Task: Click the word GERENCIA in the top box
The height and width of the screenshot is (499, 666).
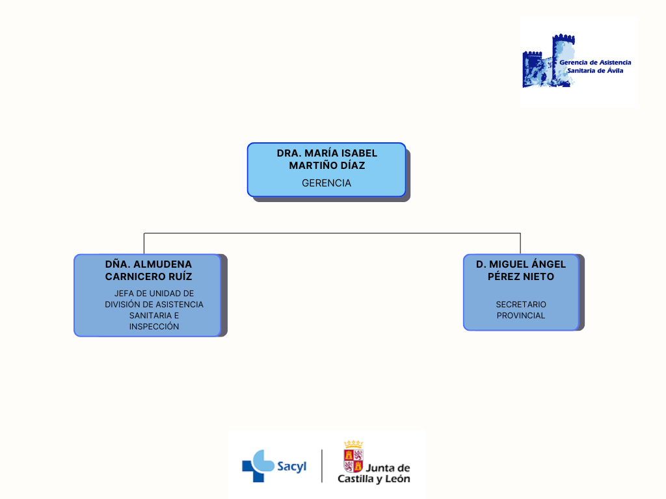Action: (x=326, y=183)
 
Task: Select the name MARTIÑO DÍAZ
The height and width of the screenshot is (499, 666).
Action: (x=326, y=166)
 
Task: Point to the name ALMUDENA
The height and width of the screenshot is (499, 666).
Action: (x=164, y=264)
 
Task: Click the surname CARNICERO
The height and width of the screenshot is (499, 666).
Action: (x=135, y=277)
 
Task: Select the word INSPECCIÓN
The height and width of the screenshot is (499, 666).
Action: (x=154, y=327)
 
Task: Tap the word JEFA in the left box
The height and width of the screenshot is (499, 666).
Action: (x=124, y=294)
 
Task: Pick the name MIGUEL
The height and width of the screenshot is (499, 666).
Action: (x=510, y=264)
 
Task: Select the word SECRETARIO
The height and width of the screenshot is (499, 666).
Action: (x=521, y=305)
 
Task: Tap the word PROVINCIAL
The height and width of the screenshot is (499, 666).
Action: (x=521, y=316)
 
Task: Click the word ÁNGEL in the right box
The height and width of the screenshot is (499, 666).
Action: (x=550, y=264)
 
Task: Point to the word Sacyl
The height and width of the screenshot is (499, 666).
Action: (x=291, y=467)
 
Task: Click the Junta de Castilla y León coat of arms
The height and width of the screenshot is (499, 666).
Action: (x=353, y=457)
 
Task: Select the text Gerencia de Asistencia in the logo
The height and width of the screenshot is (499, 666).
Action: (x=595, y=62)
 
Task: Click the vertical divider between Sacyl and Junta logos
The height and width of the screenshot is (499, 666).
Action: (x=322, y=466)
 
